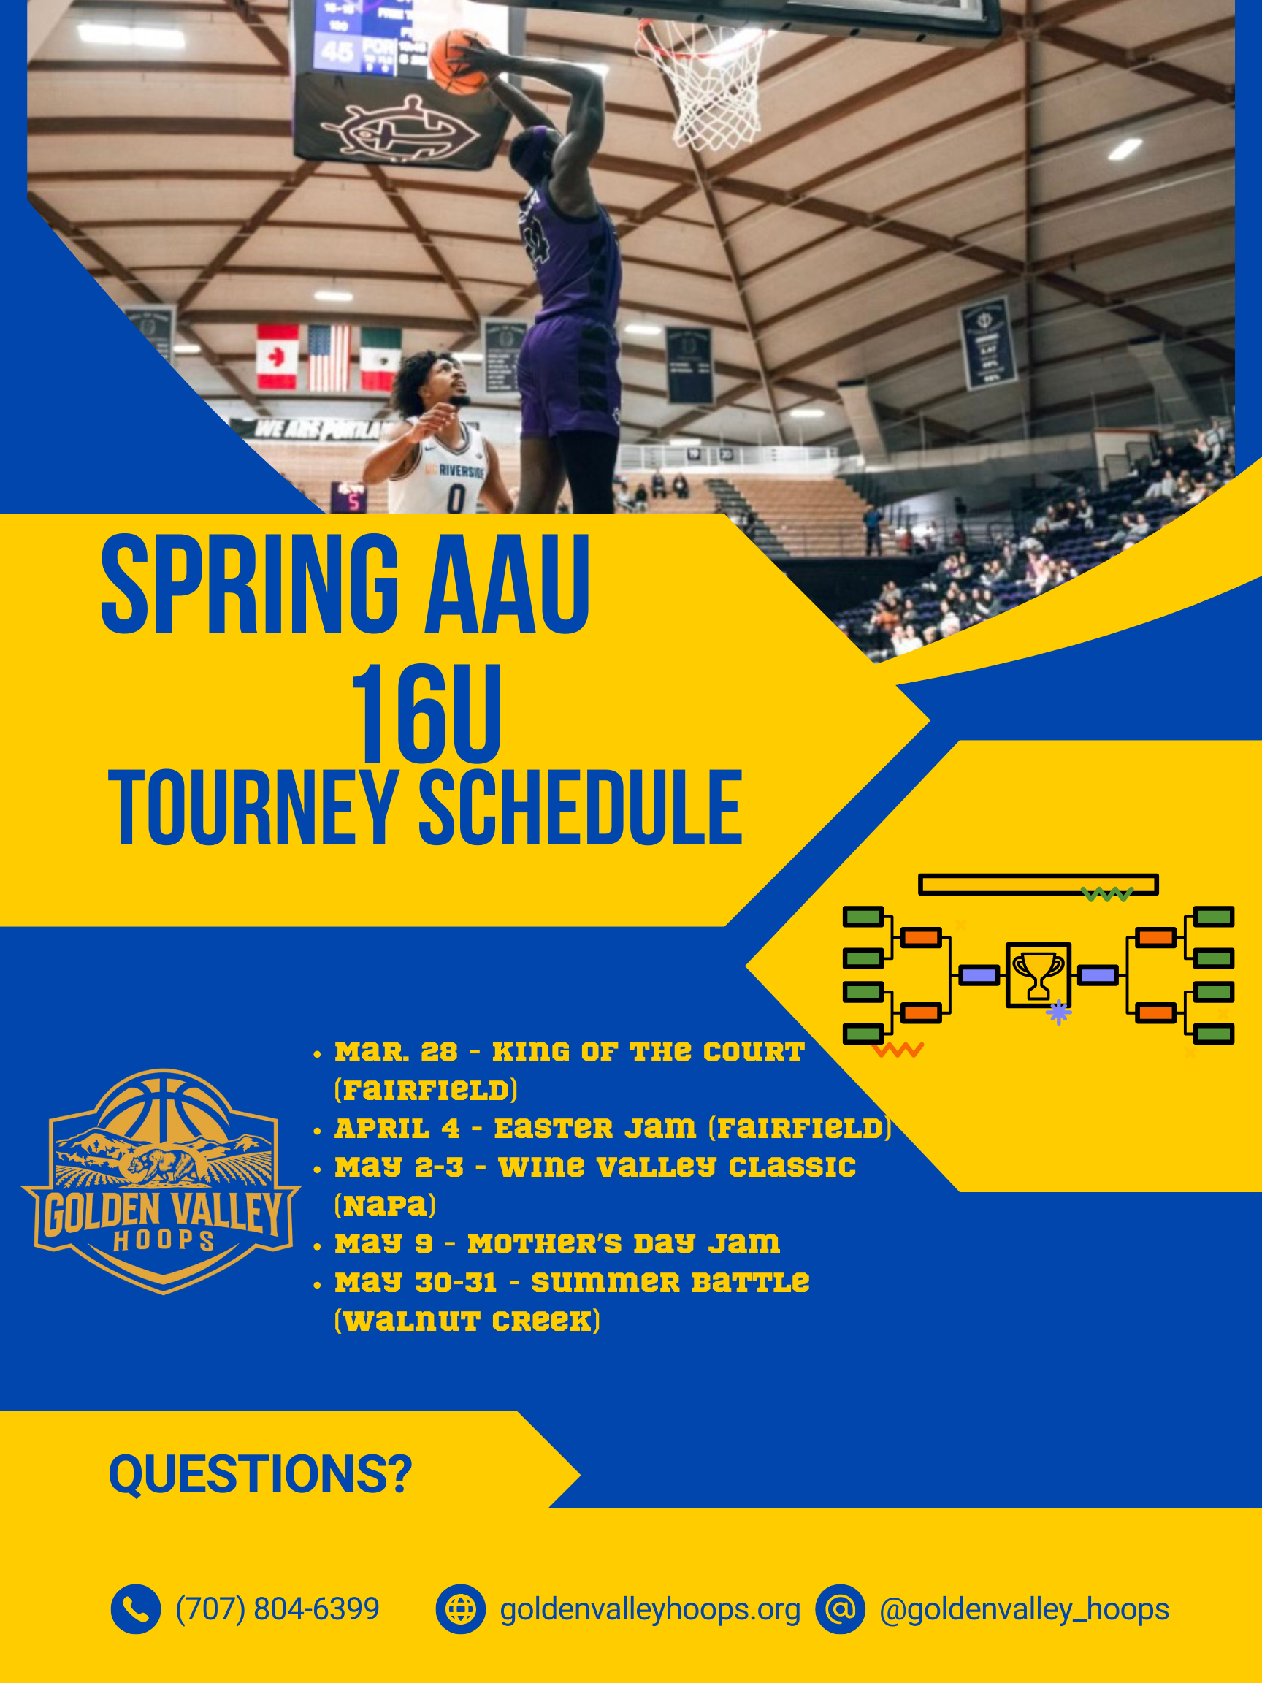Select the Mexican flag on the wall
(380, 360)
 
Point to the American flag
(329, 359)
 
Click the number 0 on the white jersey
(456, 498)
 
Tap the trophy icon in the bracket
(1039, 974)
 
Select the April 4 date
(397, 1129)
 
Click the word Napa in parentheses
(385, 1205)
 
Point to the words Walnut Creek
(467, 1321)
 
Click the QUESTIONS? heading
(260, 1474)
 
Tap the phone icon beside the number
(135, 1609)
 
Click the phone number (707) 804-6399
(278, 1609)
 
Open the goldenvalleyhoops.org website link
(651, 1610)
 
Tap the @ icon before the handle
(840, 1609)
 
